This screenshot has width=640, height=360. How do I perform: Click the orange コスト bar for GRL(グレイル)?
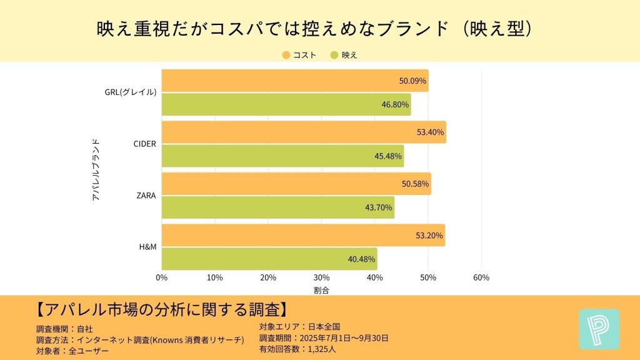click(294, 81)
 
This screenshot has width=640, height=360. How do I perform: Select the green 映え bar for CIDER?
click(282, 156)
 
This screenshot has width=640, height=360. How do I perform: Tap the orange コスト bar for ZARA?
click(296, 184)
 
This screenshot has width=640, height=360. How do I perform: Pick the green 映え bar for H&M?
click(269, 259)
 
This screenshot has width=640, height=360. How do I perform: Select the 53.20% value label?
click(429, 236)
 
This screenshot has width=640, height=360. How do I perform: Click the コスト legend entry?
click(299, 55)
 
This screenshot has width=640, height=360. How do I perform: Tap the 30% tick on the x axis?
click(321, 277)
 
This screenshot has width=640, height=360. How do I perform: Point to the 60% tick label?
click(481, 277)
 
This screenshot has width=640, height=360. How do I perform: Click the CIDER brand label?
click(144, 144)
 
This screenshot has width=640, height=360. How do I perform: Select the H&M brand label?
click(147, 247)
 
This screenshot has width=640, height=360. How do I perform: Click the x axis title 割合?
click(321, 290)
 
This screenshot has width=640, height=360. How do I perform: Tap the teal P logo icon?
click(599, 329)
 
